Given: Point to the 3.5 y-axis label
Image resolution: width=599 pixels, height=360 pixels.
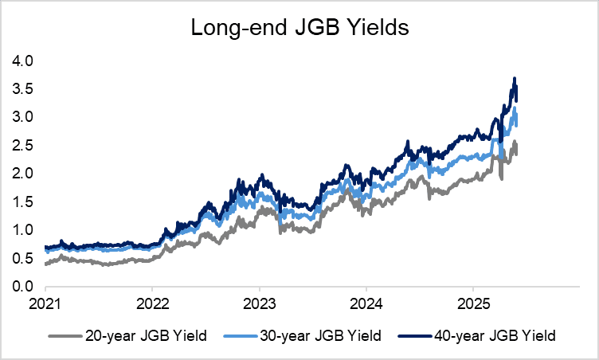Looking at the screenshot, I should (x=23, y=89).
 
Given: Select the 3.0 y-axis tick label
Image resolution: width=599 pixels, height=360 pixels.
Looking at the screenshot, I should (x=23, y=117).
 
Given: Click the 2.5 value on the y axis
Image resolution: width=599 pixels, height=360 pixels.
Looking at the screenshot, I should (x=23, y=146).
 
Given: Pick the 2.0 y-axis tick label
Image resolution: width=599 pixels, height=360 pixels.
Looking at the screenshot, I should (x=23, y=174).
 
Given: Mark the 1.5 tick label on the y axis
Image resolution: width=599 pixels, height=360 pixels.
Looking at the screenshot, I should (x=23, y=202).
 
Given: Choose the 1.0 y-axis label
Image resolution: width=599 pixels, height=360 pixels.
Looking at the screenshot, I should (x=23, y=230).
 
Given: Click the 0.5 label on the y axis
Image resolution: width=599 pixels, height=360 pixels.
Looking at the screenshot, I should (x=23, y=259).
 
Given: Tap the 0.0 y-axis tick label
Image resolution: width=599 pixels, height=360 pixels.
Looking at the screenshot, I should (x=23, y=287).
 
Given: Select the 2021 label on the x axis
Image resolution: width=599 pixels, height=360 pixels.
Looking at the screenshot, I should (x=46, y=304).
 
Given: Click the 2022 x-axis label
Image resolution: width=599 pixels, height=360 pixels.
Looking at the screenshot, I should (x=152, y=304).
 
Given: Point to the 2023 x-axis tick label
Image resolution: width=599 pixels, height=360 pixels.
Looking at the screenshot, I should (x=259, y=304).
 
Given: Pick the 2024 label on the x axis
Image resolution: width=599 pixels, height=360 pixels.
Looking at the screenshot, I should (x=366, y=304).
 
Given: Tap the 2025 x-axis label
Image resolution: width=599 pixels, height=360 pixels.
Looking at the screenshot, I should (x=472, y=304).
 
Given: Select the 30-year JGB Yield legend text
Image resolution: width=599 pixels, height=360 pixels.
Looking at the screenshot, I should (x=319, y=335).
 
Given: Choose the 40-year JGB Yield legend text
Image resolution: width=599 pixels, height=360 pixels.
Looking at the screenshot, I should (x=494, y=335).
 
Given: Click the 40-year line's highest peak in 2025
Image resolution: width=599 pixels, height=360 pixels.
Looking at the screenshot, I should (x=515, y=78).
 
